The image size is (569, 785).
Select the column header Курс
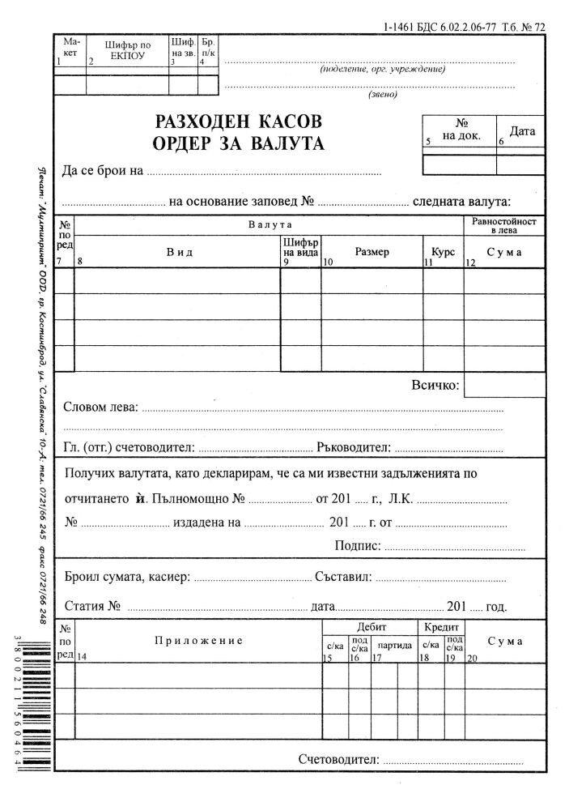(x=443, y=252)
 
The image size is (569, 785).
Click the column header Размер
(x=372, y=252)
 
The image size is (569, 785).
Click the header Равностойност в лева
(x=503, y=225)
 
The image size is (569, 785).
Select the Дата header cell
(x=521, y=130)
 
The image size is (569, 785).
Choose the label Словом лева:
(x=100, y=407)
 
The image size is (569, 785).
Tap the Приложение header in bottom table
(x=198, y=641)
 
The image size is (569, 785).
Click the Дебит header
(x=372, y=627)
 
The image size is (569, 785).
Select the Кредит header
(x=442, y=627)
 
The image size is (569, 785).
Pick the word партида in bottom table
(x=395, y=645)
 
